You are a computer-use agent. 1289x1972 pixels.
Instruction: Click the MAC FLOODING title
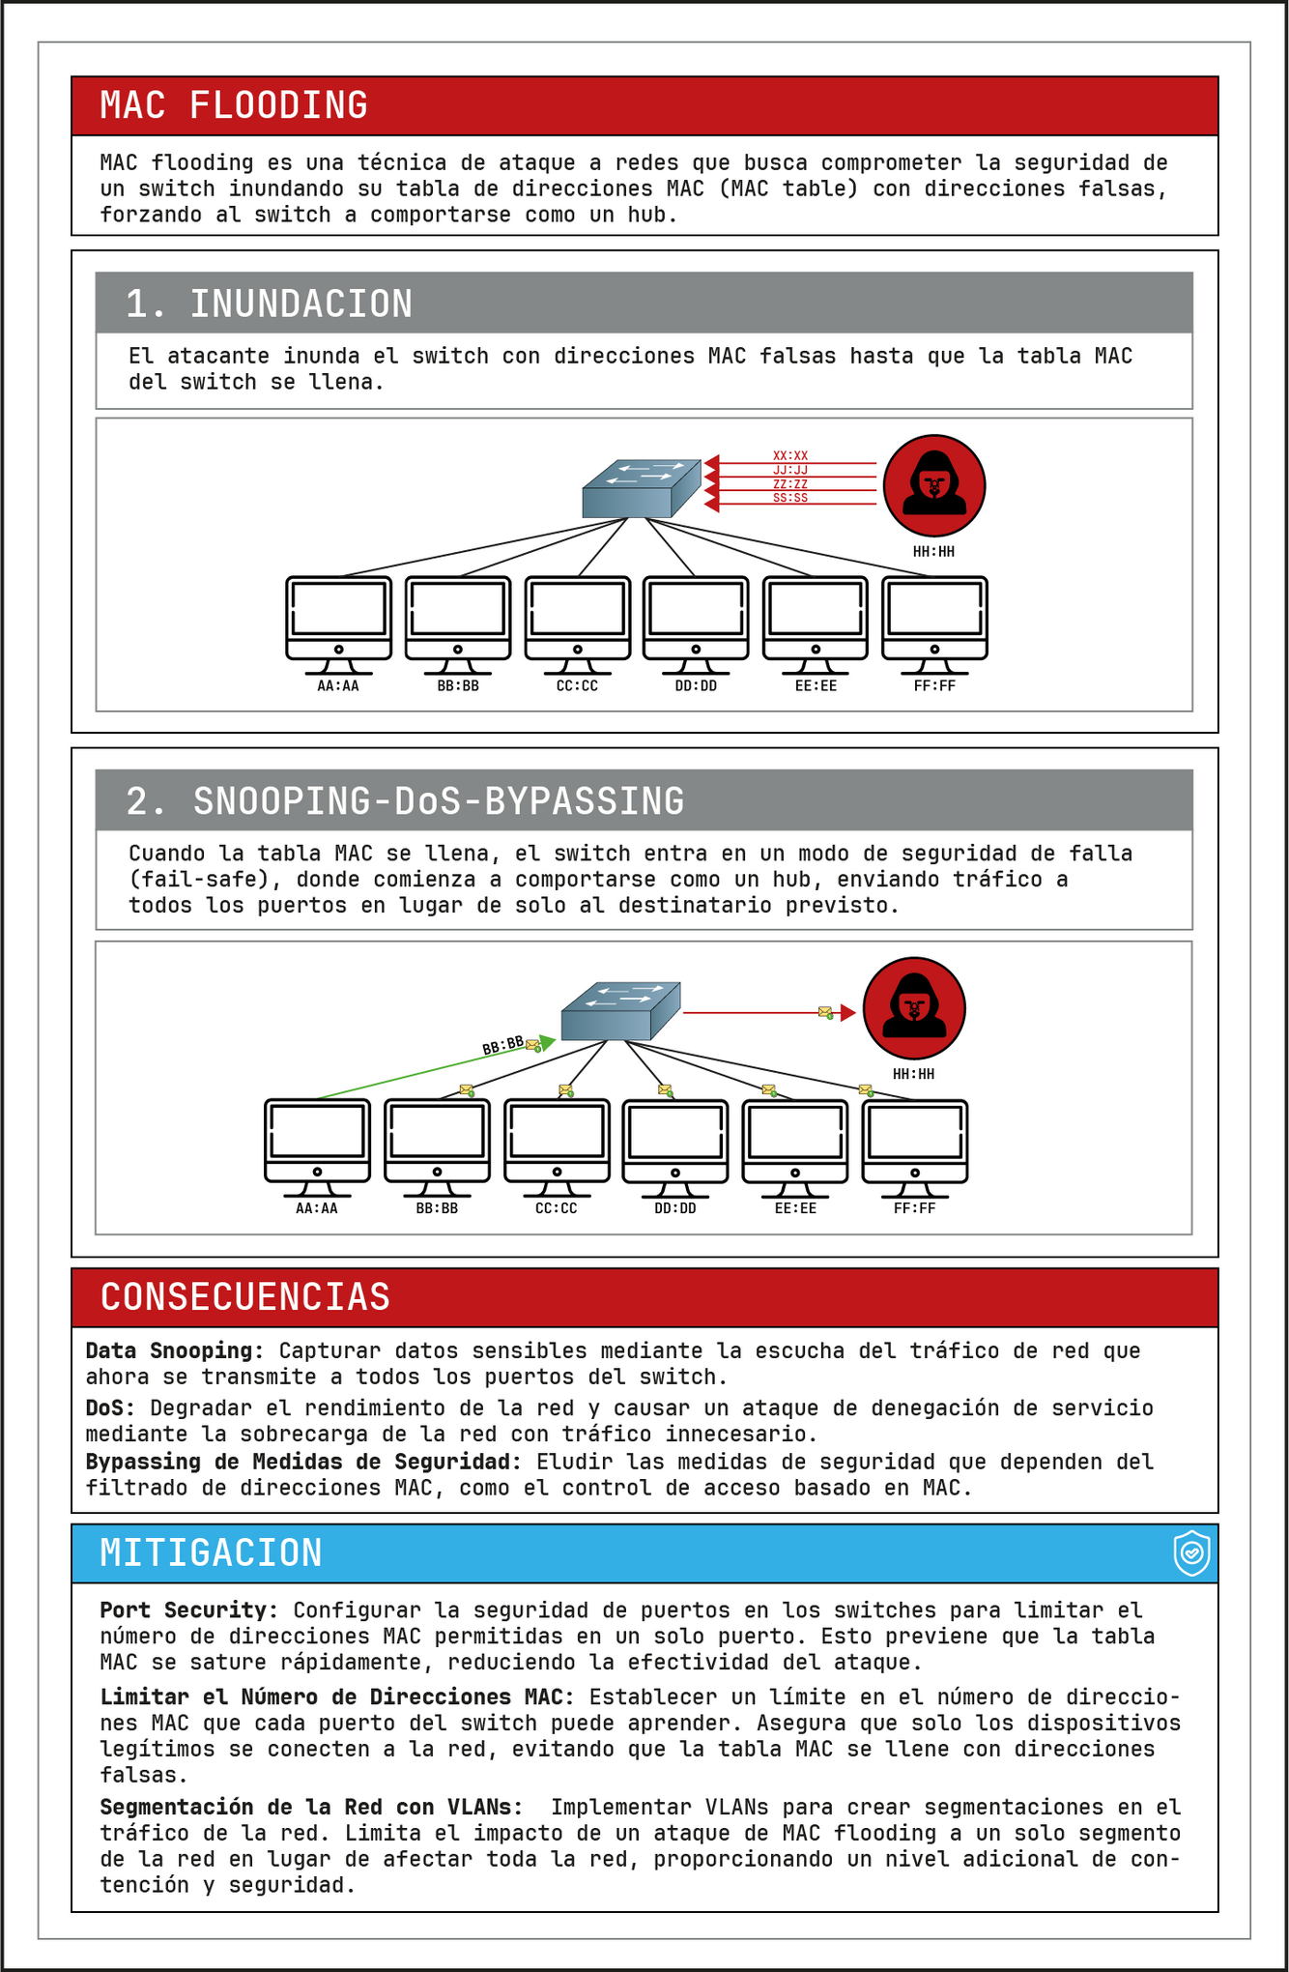(234, 105)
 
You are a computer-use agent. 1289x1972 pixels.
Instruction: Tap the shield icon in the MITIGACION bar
(1192, 1553)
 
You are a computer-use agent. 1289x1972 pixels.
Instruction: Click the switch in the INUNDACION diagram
(641, 488)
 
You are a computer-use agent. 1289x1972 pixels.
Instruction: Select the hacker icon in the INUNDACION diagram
(934, 485)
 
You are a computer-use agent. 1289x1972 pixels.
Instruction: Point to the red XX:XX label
(790, 455)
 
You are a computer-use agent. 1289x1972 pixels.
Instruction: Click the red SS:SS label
(790, 498)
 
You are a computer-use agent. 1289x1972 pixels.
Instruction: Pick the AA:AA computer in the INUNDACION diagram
(339, 624)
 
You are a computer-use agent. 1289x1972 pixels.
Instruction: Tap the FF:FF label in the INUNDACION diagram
(934, 686)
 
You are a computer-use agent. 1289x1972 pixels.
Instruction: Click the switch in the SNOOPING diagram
(620, 1011)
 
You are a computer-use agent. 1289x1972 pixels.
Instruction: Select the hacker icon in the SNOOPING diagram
(913, 1008)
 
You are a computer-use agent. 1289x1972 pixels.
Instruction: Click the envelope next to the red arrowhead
(825, 1012)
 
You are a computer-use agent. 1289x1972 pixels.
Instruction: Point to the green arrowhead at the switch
(548, 1042)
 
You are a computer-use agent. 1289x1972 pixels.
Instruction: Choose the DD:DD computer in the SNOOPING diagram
(675, 1146)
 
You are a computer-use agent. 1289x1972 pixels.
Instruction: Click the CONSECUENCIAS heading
(245, 1297)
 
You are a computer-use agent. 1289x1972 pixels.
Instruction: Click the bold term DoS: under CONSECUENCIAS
(110, 1407)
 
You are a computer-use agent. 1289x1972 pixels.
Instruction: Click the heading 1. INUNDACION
(270, 304)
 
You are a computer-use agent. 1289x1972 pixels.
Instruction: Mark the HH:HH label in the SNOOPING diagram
(913, 1074)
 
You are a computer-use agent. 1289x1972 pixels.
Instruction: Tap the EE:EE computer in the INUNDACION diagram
(816, 624)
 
